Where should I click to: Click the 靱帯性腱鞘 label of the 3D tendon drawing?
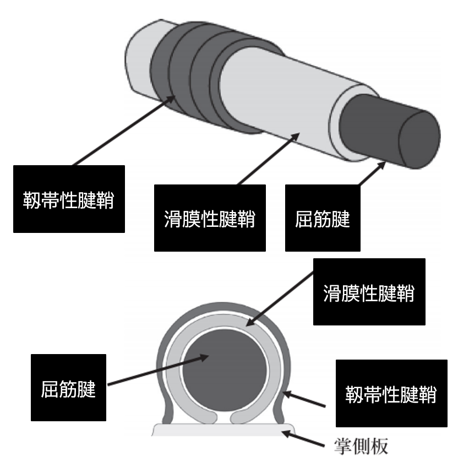coord(69,199)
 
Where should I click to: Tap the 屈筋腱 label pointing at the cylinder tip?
coord(323,218)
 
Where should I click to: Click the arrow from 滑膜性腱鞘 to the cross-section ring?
coord(281,297)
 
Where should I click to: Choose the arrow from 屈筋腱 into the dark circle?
coord(159,369)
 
